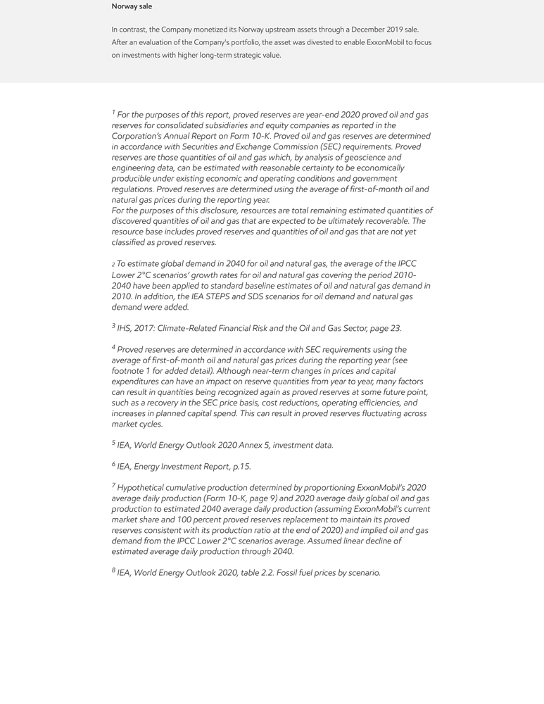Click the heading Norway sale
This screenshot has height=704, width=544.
pyautogui.click(x=132, y=6)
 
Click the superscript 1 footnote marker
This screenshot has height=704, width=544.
pyautogui.click(x=113, y=112)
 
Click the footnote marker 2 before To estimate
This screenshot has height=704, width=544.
pyautogui.click(x=113, y=265)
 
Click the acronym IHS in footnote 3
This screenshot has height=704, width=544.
pyautogui.click(x=125, y=328)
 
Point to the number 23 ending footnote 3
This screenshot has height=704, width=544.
pyautogui.click(x=395, y=328)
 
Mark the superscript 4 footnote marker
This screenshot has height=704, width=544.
pyautogui.click(x=113, y=347)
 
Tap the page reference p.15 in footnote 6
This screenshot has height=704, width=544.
pyautogui.click(x=241, y=466)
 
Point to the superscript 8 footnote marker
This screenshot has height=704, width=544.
pyautogui.click(x=113, y=570)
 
